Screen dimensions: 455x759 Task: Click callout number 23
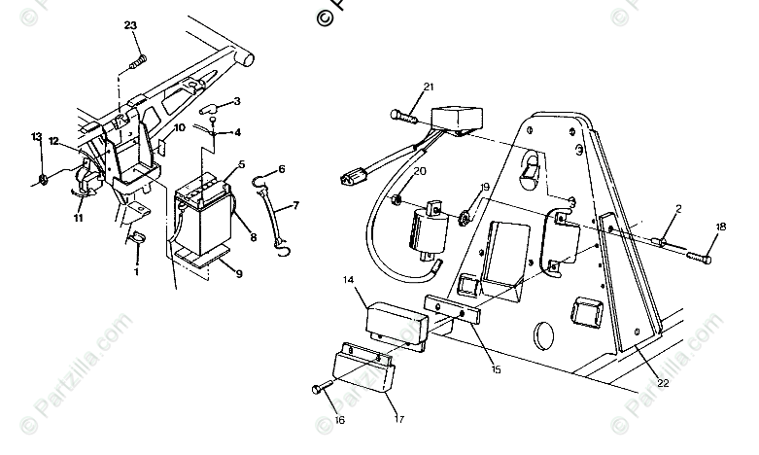(x=131, y=26)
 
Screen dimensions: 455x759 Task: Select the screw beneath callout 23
(x=137, y=62)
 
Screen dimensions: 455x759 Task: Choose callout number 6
(x=282, y=168)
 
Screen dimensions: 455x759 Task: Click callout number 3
(x=236, y=100)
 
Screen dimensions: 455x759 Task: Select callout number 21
(x=428, y=88)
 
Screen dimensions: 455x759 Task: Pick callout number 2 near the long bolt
(x=678, y=208)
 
